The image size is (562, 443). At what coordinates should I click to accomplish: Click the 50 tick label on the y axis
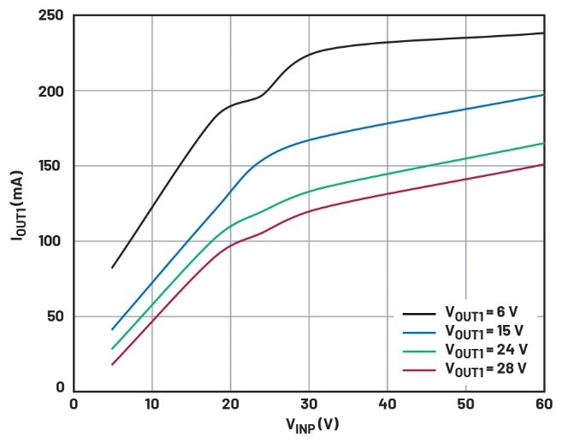[54, 316]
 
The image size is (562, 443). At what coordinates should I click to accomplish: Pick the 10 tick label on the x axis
[151, 404]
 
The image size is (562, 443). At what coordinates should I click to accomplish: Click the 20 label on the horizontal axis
[230, 404]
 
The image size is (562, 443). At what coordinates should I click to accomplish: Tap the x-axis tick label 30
[309, 404]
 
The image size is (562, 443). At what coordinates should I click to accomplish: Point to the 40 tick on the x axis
[387, 404]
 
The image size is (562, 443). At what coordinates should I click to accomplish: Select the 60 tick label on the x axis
[544, 404]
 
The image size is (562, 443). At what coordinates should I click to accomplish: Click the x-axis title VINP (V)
[308, 425]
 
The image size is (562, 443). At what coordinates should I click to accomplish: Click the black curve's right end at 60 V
[544, 33]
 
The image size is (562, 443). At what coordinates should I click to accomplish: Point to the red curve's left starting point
[112, 365]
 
